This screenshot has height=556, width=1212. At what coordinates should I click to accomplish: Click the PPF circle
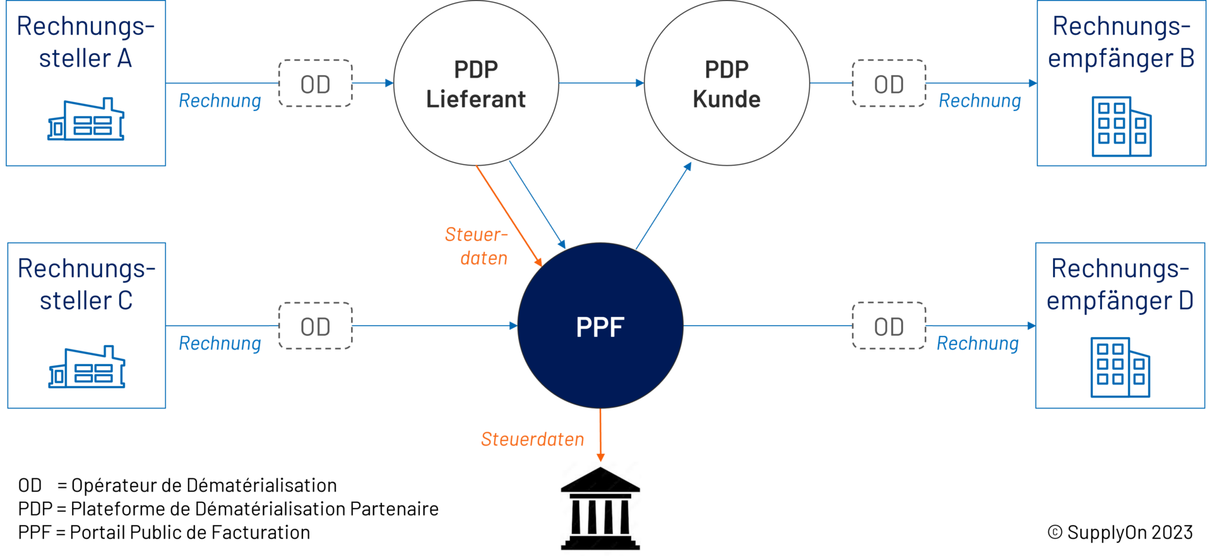(600, 326)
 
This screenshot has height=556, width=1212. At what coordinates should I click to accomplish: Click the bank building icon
(600, 508)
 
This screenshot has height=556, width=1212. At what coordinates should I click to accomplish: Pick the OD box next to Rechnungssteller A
(316, 83)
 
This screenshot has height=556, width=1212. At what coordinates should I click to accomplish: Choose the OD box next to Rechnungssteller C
(316, 326)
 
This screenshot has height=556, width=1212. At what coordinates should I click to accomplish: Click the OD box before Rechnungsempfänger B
(889, 83)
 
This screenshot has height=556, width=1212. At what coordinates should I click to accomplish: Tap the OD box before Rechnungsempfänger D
(889, 326)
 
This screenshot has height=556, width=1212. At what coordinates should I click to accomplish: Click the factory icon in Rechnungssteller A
(86, 120)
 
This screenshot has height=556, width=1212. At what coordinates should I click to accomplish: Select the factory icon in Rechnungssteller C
(86, 367)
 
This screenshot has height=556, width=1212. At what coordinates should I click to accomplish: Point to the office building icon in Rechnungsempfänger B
(1122, 126)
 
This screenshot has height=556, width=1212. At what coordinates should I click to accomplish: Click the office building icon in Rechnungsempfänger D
(1120, 368)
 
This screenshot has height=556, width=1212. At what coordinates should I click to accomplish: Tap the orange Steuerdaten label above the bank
(532, 439)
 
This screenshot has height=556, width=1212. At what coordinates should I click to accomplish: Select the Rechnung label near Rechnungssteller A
(220, 101)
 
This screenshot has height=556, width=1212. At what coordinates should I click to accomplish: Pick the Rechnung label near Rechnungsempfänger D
(977, 343)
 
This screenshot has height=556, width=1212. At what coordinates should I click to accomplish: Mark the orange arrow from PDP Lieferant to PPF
(508, 215)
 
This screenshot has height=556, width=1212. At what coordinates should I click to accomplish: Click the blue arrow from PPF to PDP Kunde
(663, 206)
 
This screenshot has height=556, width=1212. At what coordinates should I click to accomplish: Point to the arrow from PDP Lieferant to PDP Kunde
(601, 83)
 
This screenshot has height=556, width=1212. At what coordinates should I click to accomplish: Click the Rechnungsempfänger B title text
(1121, 42)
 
